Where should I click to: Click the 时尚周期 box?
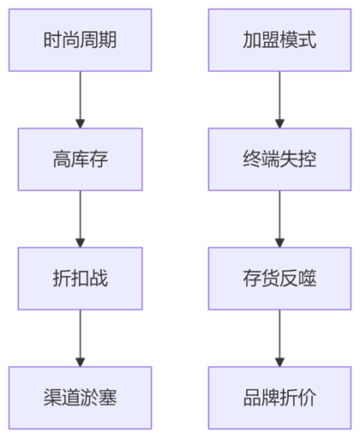click(x=80, y=40)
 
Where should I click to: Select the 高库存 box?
click(x=80, y=159)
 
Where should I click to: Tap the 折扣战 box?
click(x=80, y=279)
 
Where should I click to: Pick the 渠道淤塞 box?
click(x=80, y=398)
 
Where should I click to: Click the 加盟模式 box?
click(x=279, y=40)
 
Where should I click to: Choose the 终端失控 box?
click(x=279, y=159)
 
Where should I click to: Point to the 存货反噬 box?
click(x=279, y=279)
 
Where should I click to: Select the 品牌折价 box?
click(x=279, y=398)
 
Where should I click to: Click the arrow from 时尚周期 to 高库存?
click(x=80, y=99)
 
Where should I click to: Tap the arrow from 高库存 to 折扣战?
click(x=80, y=219)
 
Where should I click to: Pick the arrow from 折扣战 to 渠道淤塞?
click(x=80, y=338)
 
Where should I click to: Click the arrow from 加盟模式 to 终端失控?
click(x=279, y=99)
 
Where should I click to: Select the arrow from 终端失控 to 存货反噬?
click(x=279, y=219)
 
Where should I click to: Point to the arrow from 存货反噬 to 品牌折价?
click(x=279, y=338)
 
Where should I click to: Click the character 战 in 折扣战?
click(x=99, y=279)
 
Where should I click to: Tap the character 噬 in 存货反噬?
click(x=307, y=279)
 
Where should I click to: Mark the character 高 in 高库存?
click(x=62, y=159)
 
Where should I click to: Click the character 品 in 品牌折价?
click(x=252, y=398)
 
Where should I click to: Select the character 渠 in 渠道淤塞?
click(x=52, y=398)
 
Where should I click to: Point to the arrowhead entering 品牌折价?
click(x=279, y=362)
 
